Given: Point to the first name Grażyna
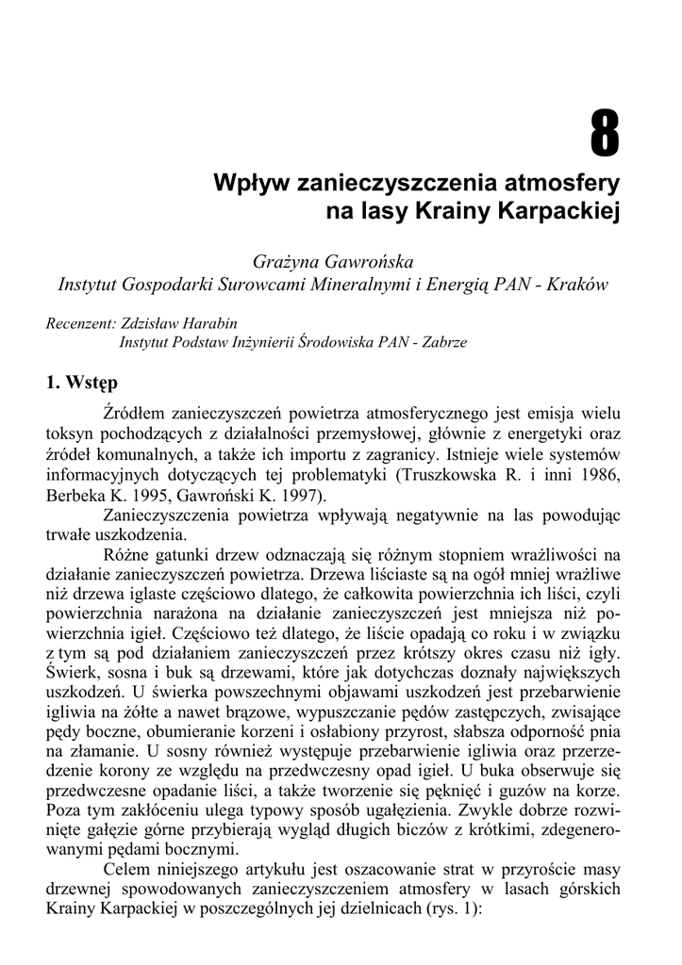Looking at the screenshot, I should pos(286,259).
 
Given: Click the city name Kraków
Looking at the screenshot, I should pos(576,284).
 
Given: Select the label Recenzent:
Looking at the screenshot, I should pos(80,323).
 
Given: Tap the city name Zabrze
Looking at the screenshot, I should pos(436,343).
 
